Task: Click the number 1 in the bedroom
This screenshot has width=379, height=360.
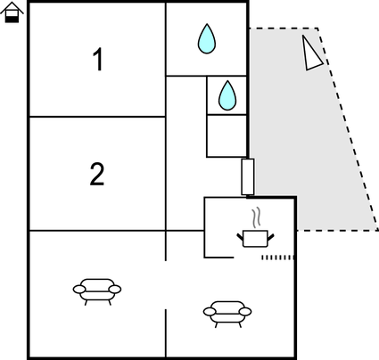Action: [x=98, y=60]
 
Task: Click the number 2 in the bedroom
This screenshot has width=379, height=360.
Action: [x=97, y=174]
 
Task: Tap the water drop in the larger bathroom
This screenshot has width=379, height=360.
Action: [x=207, y=39]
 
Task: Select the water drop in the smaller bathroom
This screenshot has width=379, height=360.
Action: [x=227, y=95]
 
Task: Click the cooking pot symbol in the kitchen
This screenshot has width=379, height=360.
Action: [x=255, y=238]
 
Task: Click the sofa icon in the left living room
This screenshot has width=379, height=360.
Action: [x=97, y=291]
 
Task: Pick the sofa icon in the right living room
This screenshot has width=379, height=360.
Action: [x=227, y=315]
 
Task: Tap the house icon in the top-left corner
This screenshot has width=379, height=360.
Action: [x=12, y=12]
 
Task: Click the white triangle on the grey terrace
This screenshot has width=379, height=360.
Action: [x=311, y=53]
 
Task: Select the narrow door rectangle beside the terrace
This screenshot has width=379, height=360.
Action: [x=248, y=176]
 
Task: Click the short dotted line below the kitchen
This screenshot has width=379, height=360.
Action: [x=278, y=258]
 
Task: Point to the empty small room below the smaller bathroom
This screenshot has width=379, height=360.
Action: [x=227, y=135]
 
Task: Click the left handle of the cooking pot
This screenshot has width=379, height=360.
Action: [x=240, y=237]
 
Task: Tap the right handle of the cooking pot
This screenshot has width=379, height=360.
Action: [x=271, y=237]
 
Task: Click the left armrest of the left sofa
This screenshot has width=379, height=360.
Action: [x=79, y=289]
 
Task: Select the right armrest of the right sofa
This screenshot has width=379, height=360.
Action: [x=245, y=312]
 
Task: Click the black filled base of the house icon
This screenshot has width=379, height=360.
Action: [x=12, y=20]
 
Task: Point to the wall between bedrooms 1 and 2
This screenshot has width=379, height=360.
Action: [x=97, y=117]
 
